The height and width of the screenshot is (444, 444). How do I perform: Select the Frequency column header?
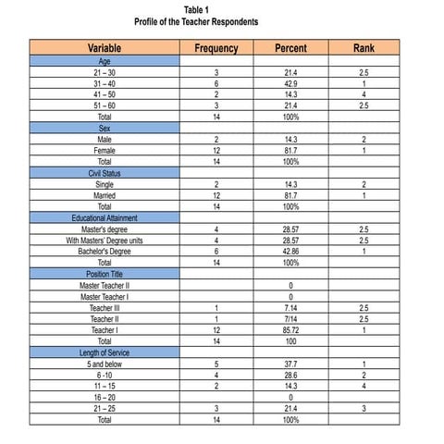pos(216,48)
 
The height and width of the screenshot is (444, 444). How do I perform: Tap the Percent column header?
pos(290,48)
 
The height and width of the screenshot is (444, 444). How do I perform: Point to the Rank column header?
pos(364,48)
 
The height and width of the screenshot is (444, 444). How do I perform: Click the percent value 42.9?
pos(290,83)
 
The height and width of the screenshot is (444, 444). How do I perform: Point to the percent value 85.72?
pos(290,330)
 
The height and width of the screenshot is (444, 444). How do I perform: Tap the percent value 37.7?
pos(290,364)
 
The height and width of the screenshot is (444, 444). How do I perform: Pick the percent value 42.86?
pos(290,252)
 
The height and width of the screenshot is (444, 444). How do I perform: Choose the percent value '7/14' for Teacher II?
pos(290,319)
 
